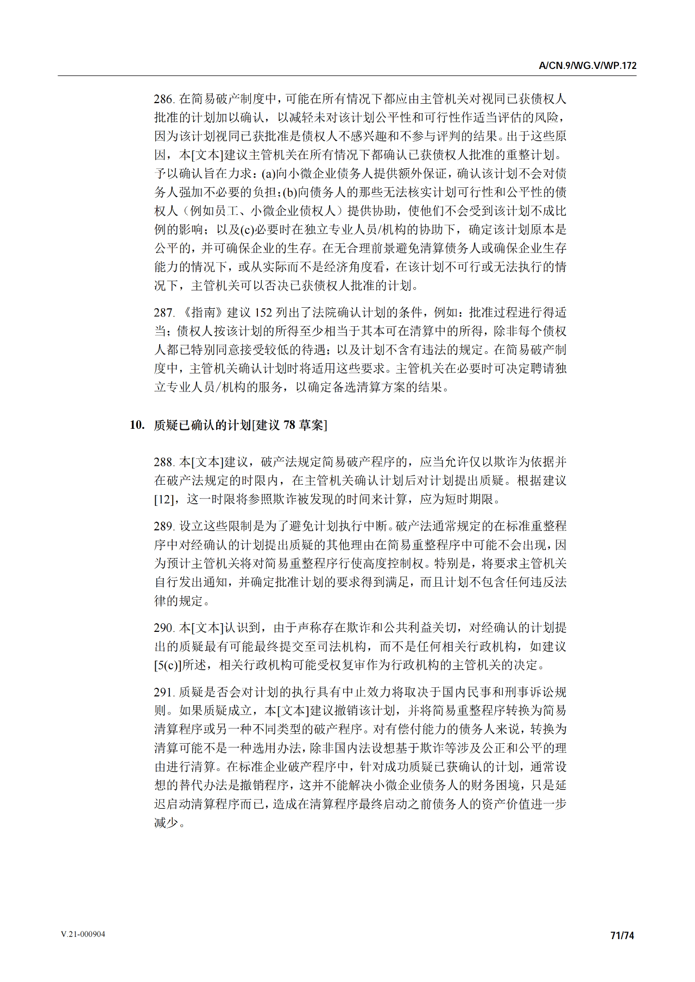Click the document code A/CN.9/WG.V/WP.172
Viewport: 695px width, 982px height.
587,66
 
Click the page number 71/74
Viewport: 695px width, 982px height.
622,935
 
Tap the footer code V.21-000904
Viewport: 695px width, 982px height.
83,934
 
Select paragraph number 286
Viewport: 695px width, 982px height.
163,99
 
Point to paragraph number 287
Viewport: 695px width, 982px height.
163,313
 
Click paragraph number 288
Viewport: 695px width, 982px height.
163,462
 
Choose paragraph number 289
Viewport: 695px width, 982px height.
163,526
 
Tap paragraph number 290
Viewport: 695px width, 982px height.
163,628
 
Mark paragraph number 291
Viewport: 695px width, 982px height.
163,692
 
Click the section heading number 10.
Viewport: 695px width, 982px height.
137,425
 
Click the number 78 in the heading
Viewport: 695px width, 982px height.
289,425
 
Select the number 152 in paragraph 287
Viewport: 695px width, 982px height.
263,313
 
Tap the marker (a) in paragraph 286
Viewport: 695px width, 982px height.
268,174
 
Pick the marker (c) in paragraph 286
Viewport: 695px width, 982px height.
247,230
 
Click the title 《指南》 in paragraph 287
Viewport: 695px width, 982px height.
200,313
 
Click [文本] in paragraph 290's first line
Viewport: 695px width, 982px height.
207,628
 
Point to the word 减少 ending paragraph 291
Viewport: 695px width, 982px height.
167,823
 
